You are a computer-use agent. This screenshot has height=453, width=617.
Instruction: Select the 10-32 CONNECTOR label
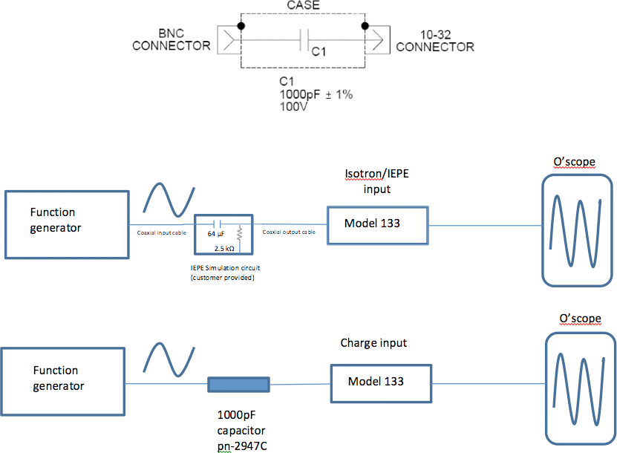[434, 41]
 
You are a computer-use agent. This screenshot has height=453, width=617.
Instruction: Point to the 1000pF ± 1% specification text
[316, 95]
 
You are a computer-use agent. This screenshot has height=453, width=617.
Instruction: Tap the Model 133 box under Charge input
[380, 382]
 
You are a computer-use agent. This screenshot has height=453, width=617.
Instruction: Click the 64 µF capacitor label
[216, 233]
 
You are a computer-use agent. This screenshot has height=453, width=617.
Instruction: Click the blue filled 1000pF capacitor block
[238, 384]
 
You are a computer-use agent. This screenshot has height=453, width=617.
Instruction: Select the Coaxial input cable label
[162, 232]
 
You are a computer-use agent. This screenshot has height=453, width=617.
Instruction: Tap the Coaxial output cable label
[288, 232]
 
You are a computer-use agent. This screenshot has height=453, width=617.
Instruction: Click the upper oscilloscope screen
[578, 229]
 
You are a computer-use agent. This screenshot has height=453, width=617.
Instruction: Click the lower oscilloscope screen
[581, 388]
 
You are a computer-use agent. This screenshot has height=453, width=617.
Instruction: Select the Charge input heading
[373, 343]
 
